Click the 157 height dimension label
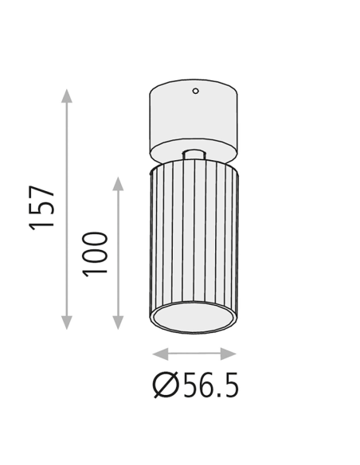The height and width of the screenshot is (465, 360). tap(41, 208)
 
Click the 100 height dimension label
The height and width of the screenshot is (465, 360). tap(95, 255)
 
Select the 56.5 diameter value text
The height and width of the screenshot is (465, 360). tap(211, 385)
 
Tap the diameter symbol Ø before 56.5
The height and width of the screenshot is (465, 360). tap(166, 385)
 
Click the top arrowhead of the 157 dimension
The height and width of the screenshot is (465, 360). tap(67, 96)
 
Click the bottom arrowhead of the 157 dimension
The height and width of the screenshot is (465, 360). tap(67, 322)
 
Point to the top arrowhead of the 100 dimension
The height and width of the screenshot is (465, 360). tap(119, 184)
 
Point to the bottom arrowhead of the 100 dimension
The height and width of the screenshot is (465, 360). tap(119, 322)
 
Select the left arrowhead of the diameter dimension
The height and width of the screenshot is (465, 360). tap(160, 354)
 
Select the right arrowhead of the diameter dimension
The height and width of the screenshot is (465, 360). tap(229, 354)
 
